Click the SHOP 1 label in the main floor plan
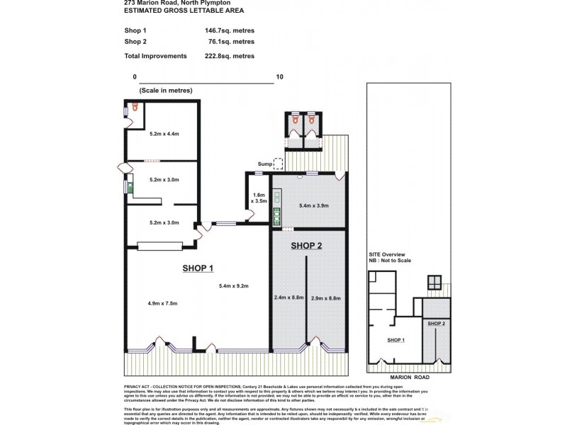198,268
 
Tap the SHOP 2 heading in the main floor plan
306,246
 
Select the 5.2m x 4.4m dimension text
164,133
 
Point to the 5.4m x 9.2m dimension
234,286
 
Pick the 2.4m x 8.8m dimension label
288,298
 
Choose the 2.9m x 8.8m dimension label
326,298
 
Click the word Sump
264,164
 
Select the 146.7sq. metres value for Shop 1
229,30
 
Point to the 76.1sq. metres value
231,42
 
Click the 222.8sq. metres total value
229,55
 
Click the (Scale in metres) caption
166,91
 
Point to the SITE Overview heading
387,254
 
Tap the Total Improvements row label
155,55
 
